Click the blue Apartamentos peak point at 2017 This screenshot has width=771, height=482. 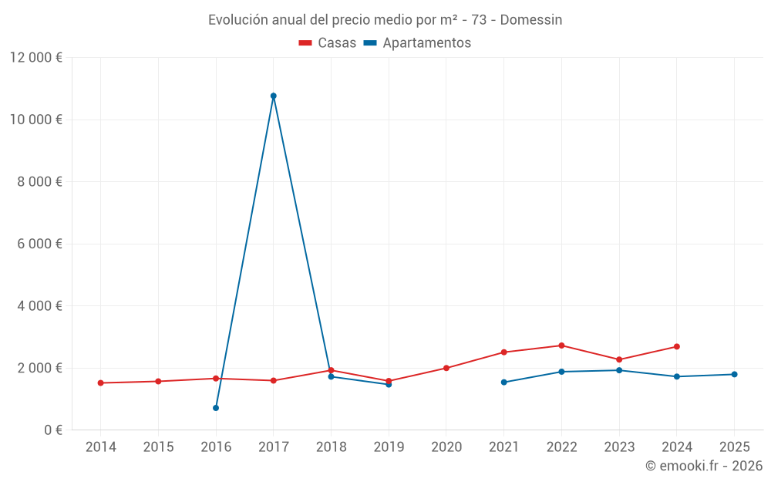tap(274, 96)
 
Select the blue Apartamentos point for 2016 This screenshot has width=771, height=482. tap(216, 408)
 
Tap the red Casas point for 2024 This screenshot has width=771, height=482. tap(676, 346)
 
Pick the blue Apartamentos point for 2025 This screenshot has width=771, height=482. tap(734, 375)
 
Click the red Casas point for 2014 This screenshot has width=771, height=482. tap(100, 383)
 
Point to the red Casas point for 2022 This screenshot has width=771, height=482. tap(561, 345)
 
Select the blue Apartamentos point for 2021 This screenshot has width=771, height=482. tap(503, 383)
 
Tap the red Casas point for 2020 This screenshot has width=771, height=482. tap(446, 368)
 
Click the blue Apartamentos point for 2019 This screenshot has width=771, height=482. tap(389, 384)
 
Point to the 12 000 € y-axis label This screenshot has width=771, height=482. tap(36, 58)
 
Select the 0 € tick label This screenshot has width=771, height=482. tap(53, 430)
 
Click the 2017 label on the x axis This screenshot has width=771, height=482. tap(274, 447)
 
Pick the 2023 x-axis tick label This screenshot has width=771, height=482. tap(619, 447)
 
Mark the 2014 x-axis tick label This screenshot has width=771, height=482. tap(100, 447)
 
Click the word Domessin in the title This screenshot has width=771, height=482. tap(531, 19)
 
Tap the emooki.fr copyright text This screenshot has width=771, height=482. tap(704, 466)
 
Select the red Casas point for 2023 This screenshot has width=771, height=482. tap(619, 359)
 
